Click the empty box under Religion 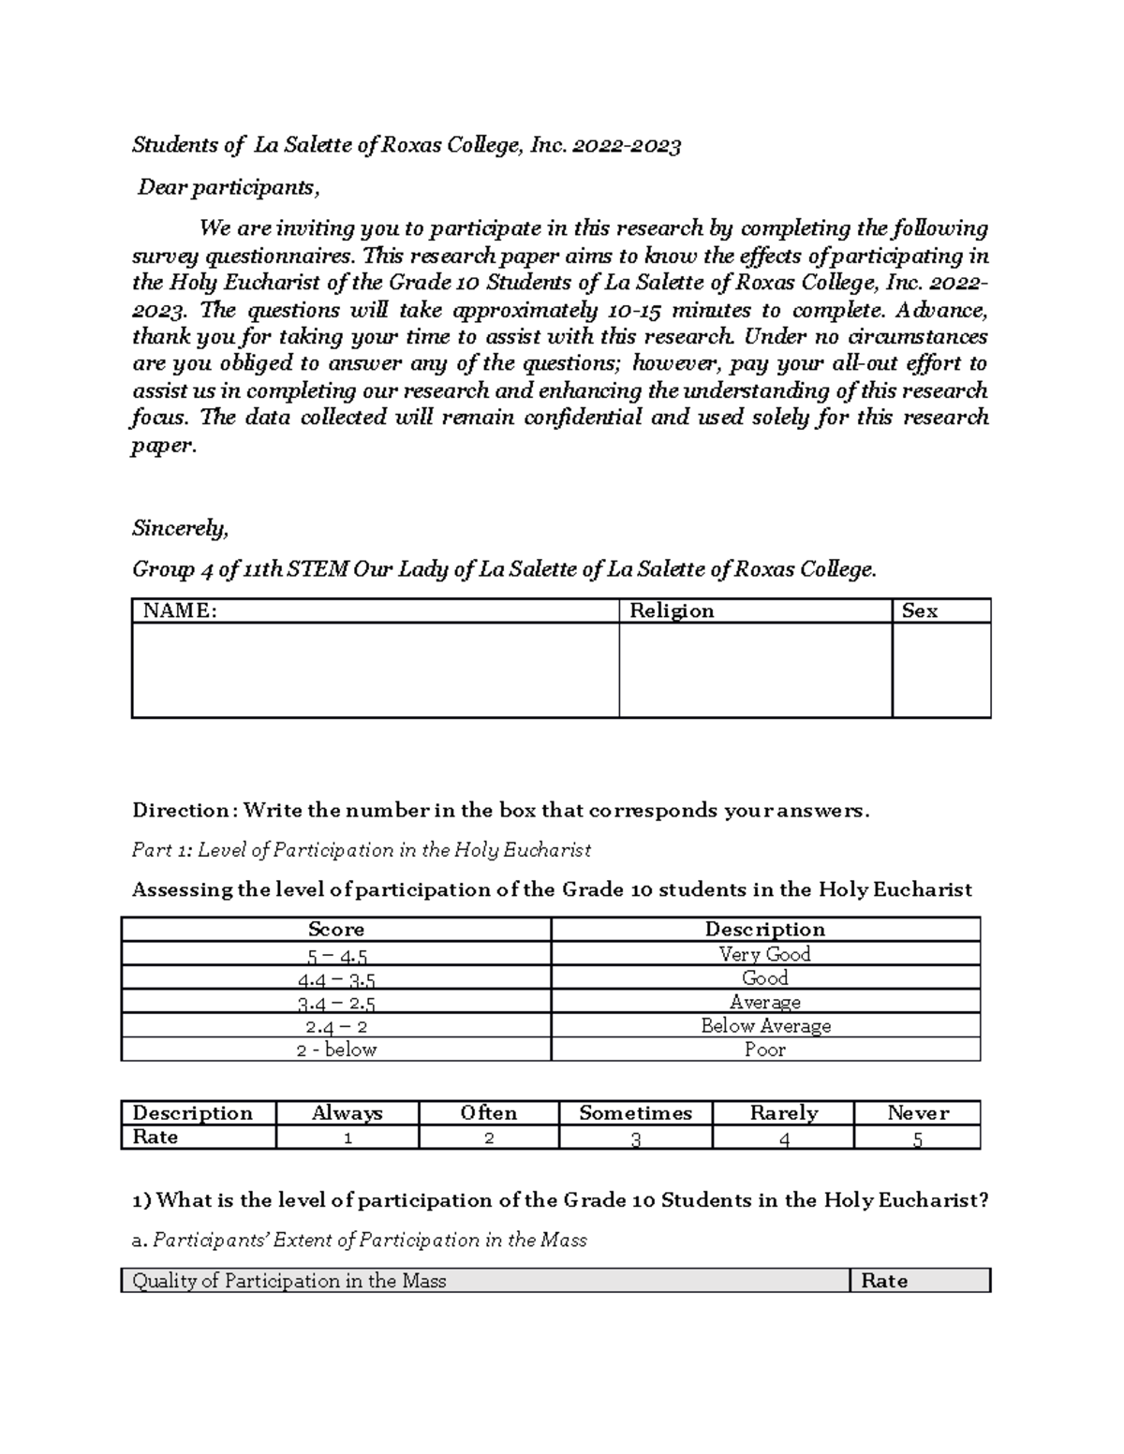(755, 670)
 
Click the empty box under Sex (941, 670)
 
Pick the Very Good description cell (764, 954)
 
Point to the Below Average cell (765, 1026)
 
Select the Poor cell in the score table (764, 1050)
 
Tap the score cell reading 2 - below (336, 1050)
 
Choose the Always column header (347, 1113)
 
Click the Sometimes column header (635, 1113)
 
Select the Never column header (917, 1113)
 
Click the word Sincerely (180, 529)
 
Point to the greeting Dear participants (229, 187)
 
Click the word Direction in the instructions (181, 811)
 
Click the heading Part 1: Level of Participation (362, 850)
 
